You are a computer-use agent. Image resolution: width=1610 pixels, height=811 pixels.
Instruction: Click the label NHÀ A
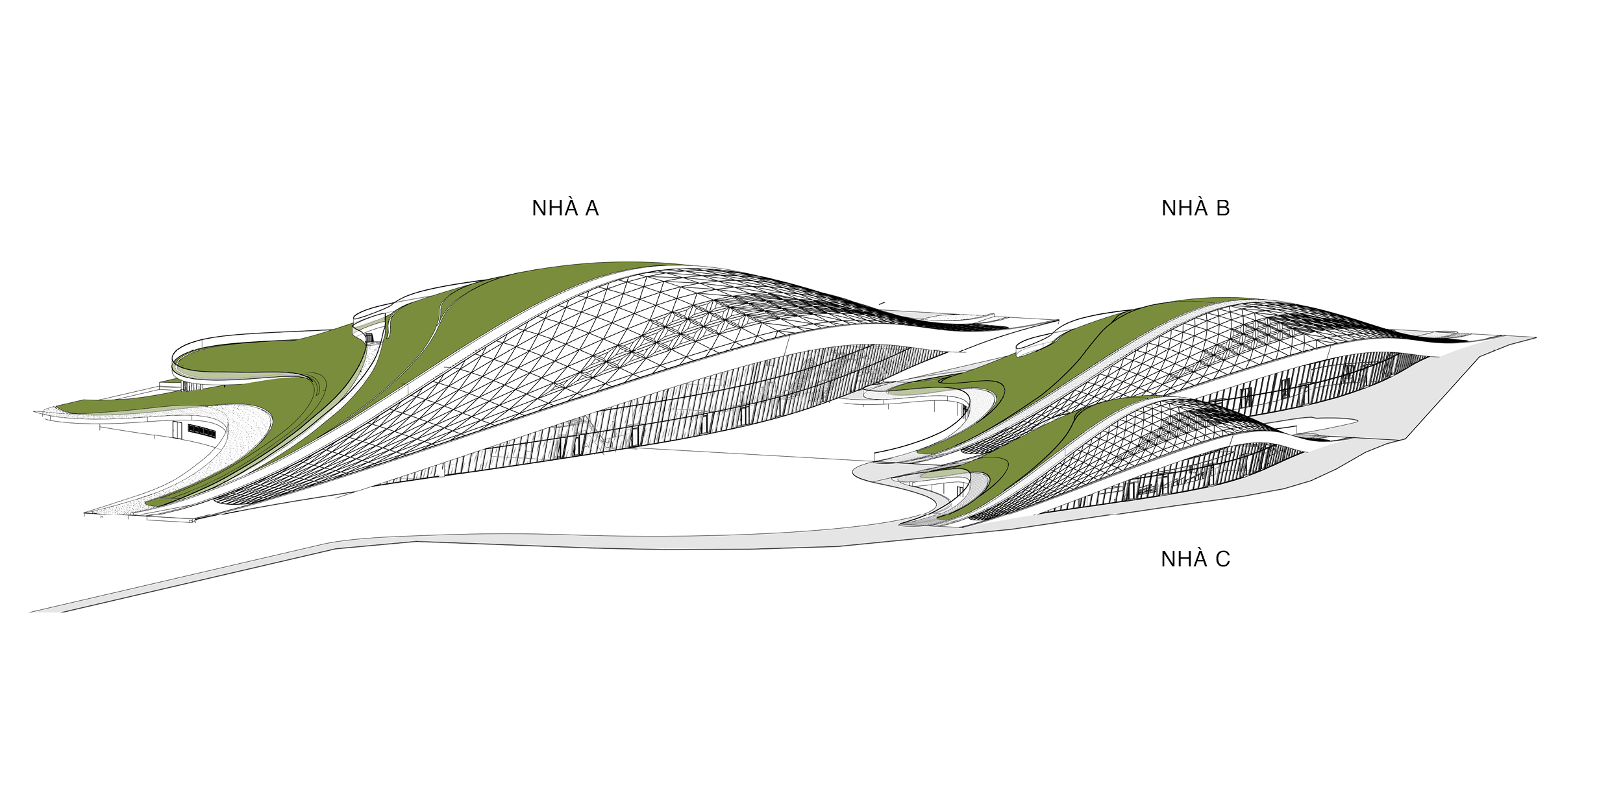point(565,208)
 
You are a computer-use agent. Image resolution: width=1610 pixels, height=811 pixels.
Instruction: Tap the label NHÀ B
point(1195,208)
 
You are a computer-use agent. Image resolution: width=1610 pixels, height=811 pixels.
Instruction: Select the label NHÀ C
point(1195,559)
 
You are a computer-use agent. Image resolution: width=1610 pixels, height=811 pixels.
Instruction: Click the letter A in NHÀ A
point(591,208)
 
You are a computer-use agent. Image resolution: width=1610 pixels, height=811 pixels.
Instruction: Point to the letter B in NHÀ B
point(1222,208)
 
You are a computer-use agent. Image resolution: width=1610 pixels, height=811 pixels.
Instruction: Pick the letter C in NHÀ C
point(1222,559)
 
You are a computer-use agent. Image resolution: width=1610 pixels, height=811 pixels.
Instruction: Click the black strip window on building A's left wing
point(201,431)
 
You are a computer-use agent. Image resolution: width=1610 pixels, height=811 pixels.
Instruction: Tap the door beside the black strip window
point(177,430)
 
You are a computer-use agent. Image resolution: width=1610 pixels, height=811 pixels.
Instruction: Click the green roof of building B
point(1039,383)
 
